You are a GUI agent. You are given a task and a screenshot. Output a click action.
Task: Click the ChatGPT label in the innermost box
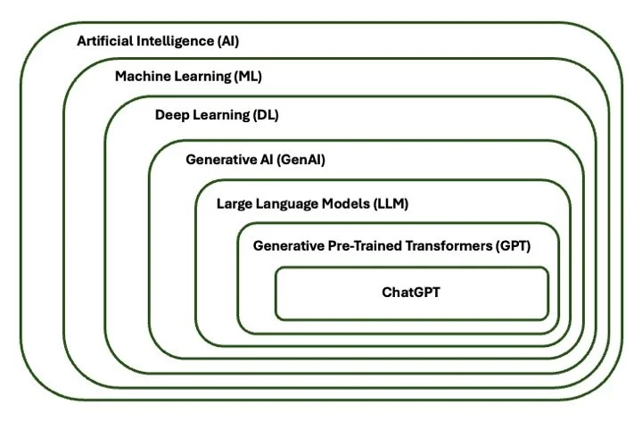point(411,291)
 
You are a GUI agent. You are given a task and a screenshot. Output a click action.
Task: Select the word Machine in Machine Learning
point(144,77)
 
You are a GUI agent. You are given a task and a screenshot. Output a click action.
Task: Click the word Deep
point(173,115)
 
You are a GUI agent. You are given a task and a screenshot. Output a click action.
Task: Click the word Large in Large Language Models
point(235,203)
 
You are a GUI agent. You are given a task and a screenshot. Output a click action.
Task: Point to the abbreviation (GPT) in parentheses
point(513,244)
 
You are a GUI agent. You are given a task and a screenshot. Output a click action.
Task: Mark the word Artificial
point(106,41)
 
